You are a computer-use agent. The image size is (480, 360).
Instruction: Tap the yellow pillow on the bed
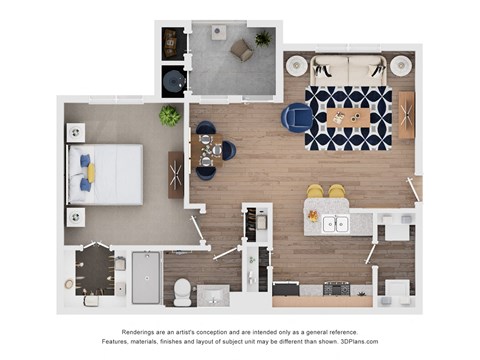point(91,173)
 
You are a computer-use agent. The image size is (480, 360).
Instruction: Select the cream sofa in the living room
point(348,70)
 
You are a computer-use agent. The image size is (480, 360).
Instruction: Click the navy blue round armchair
point(297,118)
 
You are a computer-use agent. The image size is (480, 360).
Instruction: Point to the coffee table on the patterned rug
point(348,118)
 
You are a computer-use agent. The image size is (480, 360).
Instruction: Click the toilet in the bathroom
point(183,291)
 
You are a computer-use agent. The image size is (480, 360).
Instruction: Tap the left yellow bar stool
point(315,191)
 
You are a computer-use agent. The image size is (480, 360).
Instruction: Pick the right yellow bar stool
point(337,191)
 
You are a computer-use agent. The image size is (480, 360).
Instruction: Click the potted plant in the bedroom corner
point(171,116)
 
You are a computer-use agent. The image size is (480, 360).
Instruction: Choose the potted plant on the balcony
point(263,39)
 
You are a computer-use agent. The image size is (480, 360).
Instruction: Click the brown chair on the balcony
point(241,49)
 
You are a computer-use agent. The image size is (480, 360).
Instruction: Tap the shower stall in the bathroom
point(146,277)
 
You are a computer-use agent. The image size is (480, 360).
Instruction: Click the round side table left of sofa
point(297,66)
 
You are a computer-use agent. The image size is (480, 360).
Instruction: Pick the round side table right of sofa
point(401,66)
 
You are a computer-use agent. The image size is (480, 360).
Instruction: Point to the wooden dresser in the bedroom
point(176,174)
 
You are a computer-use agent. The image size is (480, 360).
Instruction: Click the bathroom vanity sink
point(213,294)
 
